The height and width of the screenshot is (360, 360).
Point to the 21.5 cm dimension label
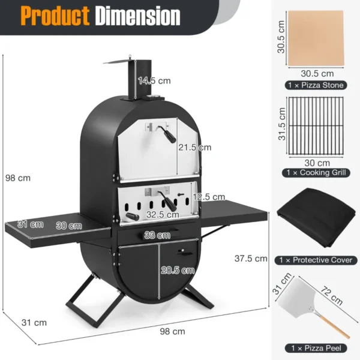pyautogui.click(x=195, y=147)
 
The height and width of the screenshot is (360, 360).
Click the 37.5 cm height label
pyautogui.click(x=250, y=259)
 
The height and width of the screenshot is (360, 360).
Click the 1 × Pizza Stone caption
pyautogui.click(x=315, y=85)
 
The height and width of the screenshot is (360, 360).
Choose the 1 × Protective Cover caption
pyautogui.click(x=315, y=260)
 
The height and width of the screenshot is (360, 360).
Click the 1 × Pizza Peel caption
pyautogui.click(x=315, y=347)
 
